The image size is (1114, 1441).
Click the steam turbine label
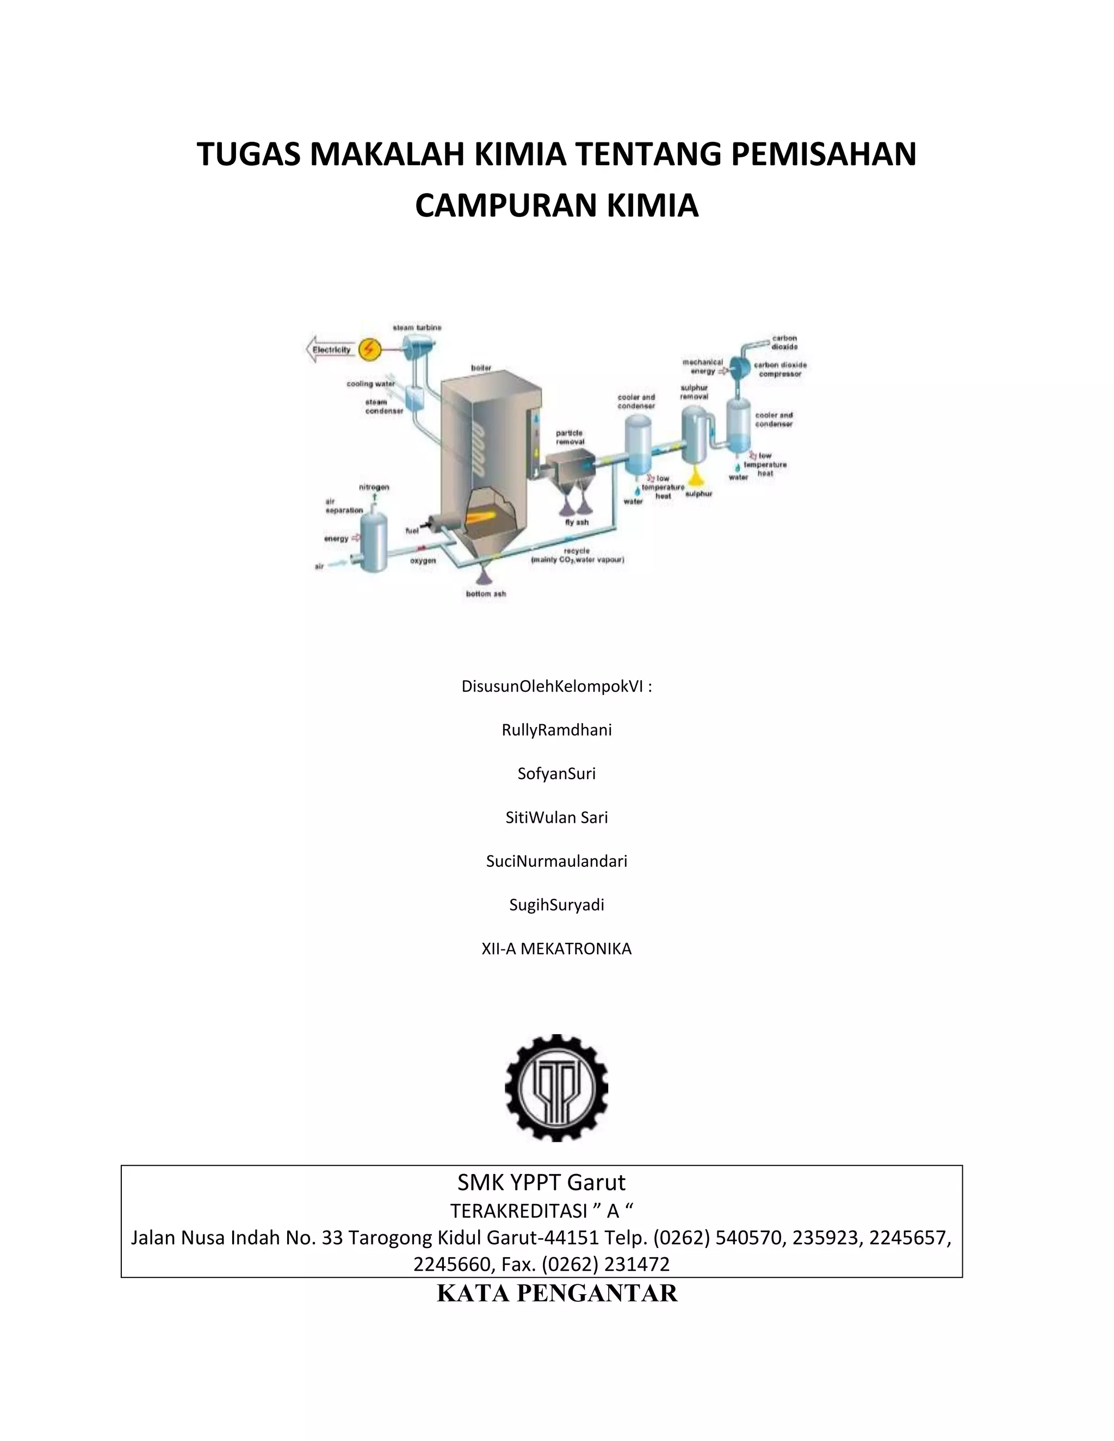point(417,327)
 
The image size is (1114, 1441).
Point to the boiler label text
point(481,368)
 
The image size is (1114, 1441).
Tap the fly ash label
point(577,522)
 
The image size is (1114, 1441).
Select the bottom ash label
point(486,594)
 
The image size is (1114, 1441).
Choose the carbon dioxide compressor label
point(780,369)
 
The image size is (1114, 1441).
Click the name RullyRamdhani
point(556,730)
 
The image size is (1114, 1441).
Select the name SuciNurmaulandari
point(556,861)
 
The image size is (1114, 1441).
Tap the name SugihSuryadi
point(556,905)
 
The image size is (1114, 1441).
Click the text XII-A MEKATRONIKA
point(556,949)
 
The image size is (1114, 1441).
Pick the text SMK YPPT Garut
point(541,1182)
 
